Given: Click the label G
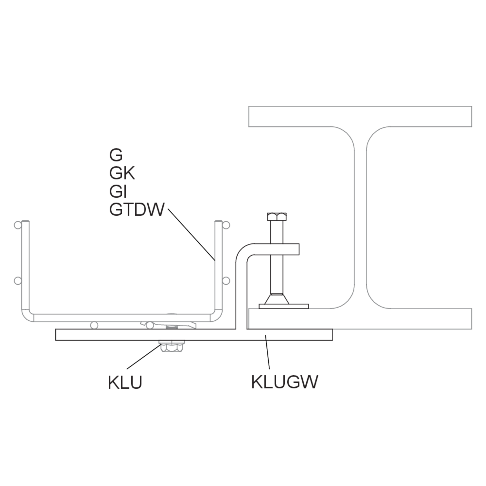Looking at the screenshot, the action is pos(116,155).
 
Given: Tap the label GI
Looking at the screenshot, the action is pos(118,191).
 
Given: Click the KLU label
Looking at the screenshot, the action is pos(125,382).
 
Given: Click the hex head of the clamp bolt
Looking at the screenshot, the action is pos(277,217).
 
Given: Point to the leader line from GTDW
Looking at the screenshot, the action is pos(191,234).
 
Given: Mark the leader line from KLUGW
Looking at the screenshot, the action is pos(267,352).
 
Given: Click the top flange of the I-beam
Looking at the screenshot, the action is pos(360,117).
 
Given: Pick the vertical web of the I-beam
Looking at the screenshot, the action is pos(360,218).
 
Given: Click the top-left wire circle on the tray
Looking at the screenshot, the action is pos(18,225).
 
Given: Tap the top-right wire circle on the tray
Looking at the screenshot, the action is pos(226,225).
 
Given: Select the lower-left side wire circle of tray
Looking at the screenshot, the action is pos(18,281).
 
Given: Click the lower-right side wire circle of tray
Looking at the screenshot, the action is pos(226,281).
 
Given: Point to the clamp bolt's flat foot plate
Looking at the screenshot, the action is pos(284,306).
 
